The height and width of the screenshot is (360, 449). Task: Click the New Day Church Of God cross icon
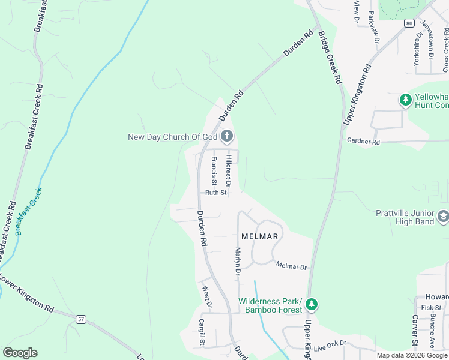[227, 137]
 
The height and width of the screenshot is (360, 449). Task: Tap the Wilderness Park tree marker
[311, 304]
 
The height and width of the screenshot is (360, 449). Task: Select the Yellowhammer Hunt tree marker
[406, 100]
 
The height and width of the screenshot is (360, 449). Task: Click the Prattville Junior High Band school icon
[443, 216]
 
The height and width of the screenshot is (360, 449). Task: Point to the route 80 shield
[409, 23]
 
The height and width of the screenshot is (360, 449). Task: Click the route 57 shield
[81, 319]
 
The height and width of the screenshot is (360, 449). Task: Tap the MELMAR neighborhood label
[259, 236]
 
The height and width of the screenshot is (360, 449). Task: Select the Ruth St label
[215, 193]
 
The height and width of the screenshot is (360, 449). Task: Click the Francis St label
[214, 170]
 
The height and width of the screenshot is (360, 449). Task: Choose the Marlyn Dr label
[238, 262]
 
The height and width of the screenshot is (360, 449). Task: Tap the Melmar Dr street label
[291, 266]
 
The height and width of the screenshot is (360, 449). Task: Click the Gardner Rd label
[363, 142]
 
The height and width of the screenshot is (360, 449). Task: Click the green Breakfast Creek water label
[29, 211]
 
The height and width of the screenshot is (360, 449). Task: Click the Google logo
[20, 353]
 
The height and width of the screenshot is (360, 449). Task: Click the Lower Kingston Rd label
[27, 293]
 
